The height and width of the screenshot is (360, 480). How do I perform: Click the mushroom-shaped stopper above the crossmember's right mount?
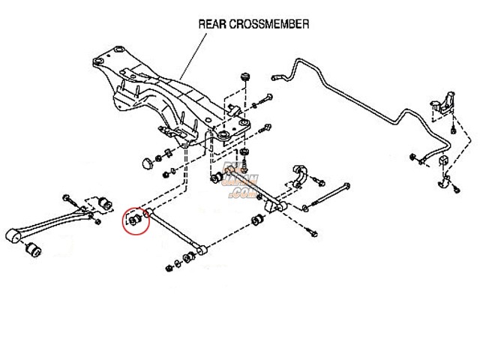coord(245,79)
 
